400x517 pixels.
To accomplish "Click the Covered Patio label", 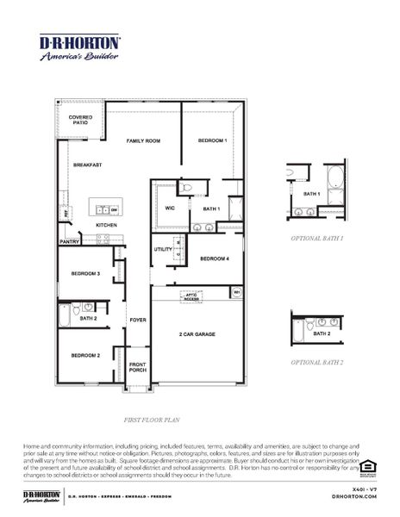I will click(81, 120).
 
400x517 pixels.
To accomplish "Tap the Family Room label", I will click(143, 140).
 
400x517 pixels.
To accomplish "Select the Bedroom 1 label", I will click(211, 140).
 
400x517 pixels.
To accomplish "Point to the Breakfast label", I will click(87, 165).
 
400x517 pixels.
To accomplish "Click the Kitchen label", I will click(106, 225).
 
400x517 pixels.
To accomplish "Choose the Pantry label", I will click(70, 242).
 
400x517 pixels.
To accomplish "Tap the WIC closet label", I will click(169, 208).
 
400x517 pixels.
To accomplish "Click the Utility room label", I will click(163, 249).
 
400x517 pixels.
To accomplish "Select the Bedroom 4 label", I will click(215, 258).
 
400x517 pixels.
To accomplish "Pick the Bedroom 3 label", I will click(85, 273).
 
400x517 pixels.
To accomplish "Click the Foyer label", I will click(138, 320).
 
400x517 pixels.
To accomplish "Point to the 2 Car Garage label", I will click(197, 333).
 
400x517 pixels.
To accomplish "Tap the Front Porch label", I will click(138, 366).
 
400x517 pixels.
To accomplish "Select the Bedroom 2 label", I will click(85, 355).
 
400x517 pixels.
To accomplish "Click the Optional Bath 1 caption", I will click(316, 237).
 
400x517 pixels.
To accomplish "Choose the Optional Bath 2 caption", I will click(316, 363).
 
